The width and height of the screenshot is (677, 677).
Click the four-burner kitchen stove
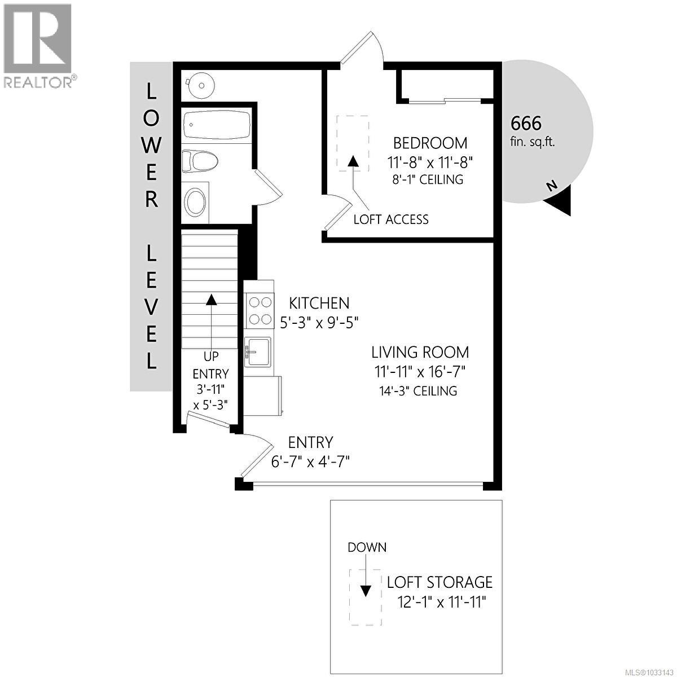[x=260, y=311]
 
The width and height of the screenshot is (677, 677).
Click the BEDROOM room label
[x=430, y=143]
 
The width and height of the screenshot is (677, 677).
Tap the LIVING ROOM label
[x=420, y=353]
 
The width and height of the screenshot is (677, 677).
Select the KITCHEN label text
[x=319, y=304]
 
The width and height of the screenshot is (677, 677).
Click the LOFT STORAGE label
[x=439, y=582]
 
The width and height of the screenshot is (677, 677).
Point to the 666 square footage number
[x=526, y=122]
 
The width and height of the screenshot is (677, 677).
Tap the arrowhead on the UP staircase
[x=211, y=299]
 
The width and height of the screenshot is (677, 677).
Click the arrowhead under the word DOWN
[x=366, y=591]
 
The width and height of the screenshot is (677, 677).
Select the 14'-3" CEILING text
[x=418, y=390]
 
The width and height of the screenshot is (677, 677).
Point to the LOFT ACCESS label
[x=390, y=219]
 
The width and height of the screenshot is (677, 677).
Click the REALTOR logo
[x=38, y=45]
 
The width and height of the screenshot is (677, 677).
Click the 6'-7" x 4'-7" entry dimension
[x=311, y=462]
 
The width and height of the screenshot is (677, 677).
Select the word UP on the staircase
[x=211, y=356]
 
